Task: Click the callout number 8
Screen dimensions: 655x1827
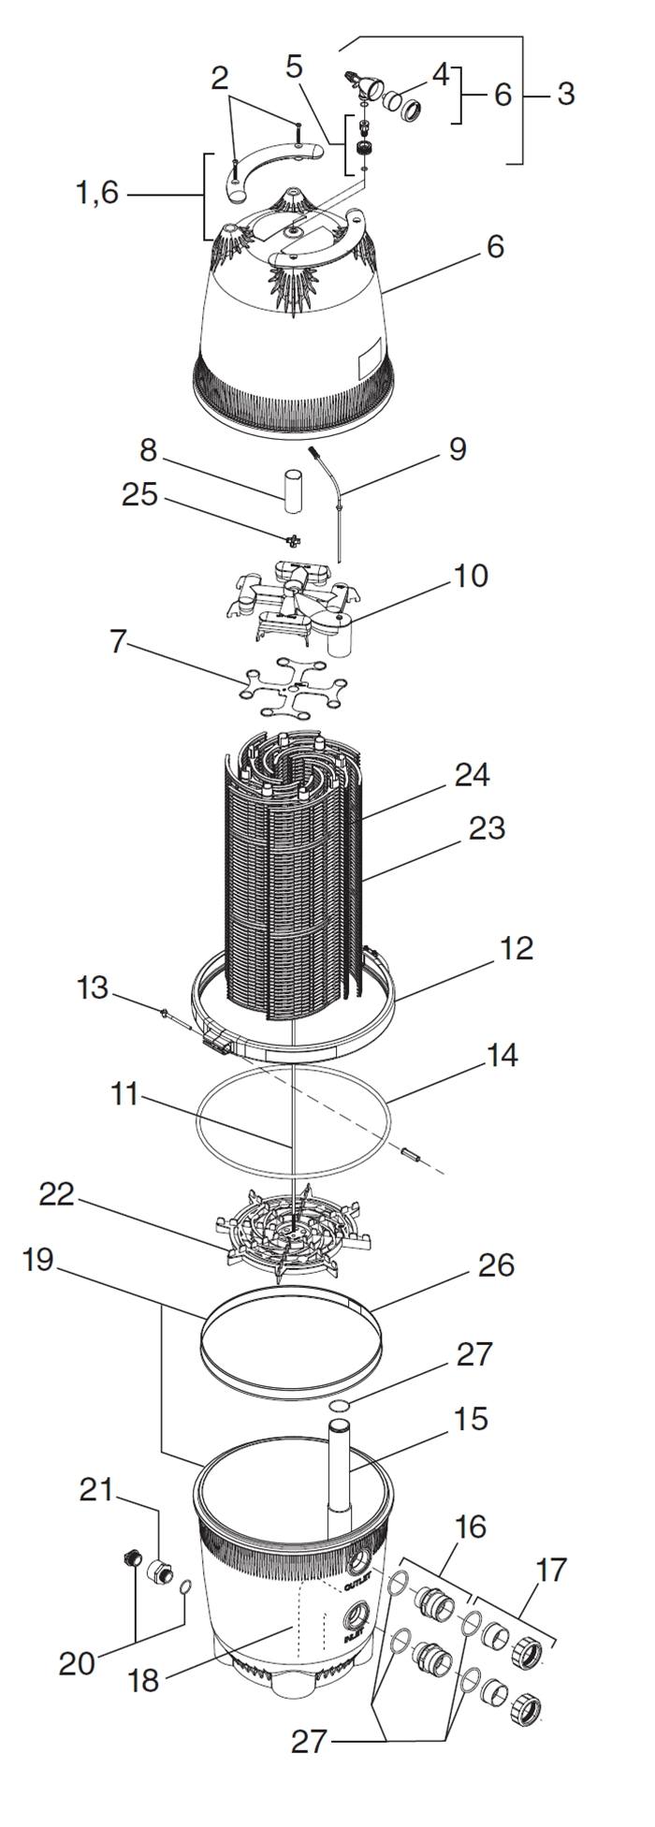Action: point(148,449)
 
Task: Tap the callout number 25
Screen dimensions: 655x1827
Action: point(140,494)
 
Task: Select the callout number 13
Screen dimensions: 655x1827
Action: point(93,987)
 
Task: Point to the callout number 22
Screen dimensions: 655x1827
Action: point(57,1195)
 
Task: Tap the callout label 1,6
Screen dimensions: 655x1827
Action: point(98,194)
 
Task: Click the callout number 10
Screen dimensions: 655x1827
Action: point(471,576)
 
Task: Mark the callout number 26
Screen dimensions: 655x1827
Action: point(495,1264)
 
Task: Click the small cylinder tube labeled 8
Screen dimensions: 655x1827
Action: point(293,492)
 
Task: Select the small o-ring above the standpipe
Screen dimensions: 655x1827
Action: point(342,1405)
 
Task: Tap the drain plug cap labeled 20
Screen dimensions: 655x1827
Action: point(131,1558)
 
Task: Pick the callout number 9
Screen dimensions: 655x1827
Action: point(457,449)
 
